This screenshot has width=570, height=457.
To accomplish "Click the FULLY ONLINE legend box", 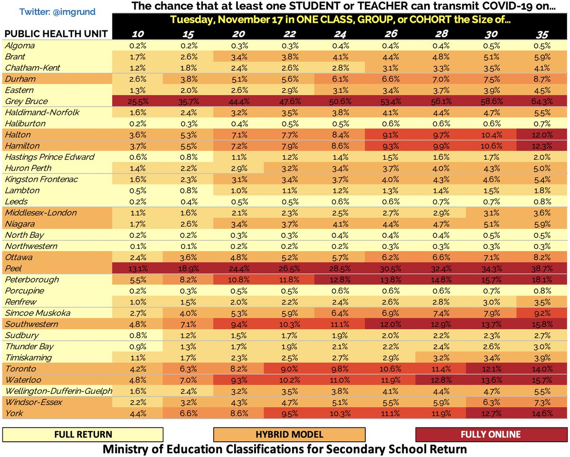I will [490, 434].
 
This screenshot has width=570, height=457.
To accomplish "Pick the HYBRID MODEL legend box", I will [289, 434].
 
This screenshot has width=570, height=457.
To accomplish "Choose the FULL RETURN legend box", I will [83, 434].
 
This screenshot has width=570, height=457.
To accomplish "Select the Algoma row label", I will [20, 46].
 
